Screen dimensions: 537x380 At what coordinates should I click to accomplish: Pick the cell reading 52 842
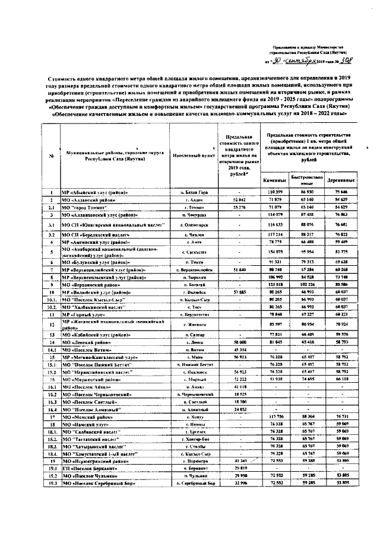click(237, 201)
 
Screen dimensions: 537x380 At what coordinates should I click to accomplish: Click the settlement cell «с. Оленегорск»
click(194, 225)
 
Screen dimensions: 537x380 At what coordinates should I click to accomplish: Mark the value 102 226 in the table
click(307, 285)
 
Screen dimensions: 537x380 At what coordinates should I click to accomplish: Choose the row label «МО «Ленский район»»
click(87, 342)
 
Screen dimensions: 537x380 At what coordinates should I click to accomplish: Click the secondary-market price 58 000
click(237, 342)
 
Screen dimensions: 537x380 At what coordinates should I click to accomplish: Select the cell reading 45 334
click(237, 349)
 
